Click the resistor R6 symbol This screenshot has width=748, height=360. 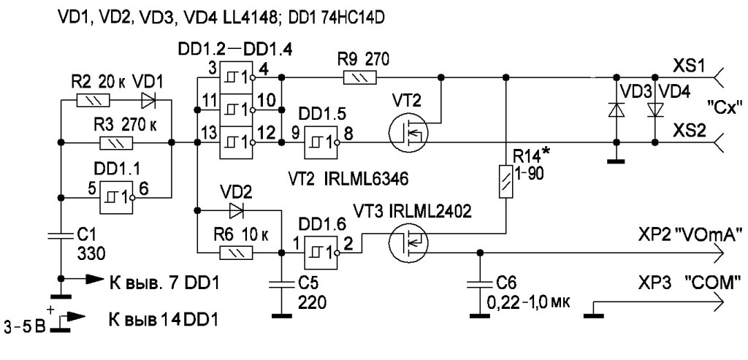pyautogui.click(x=236, y=253)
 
